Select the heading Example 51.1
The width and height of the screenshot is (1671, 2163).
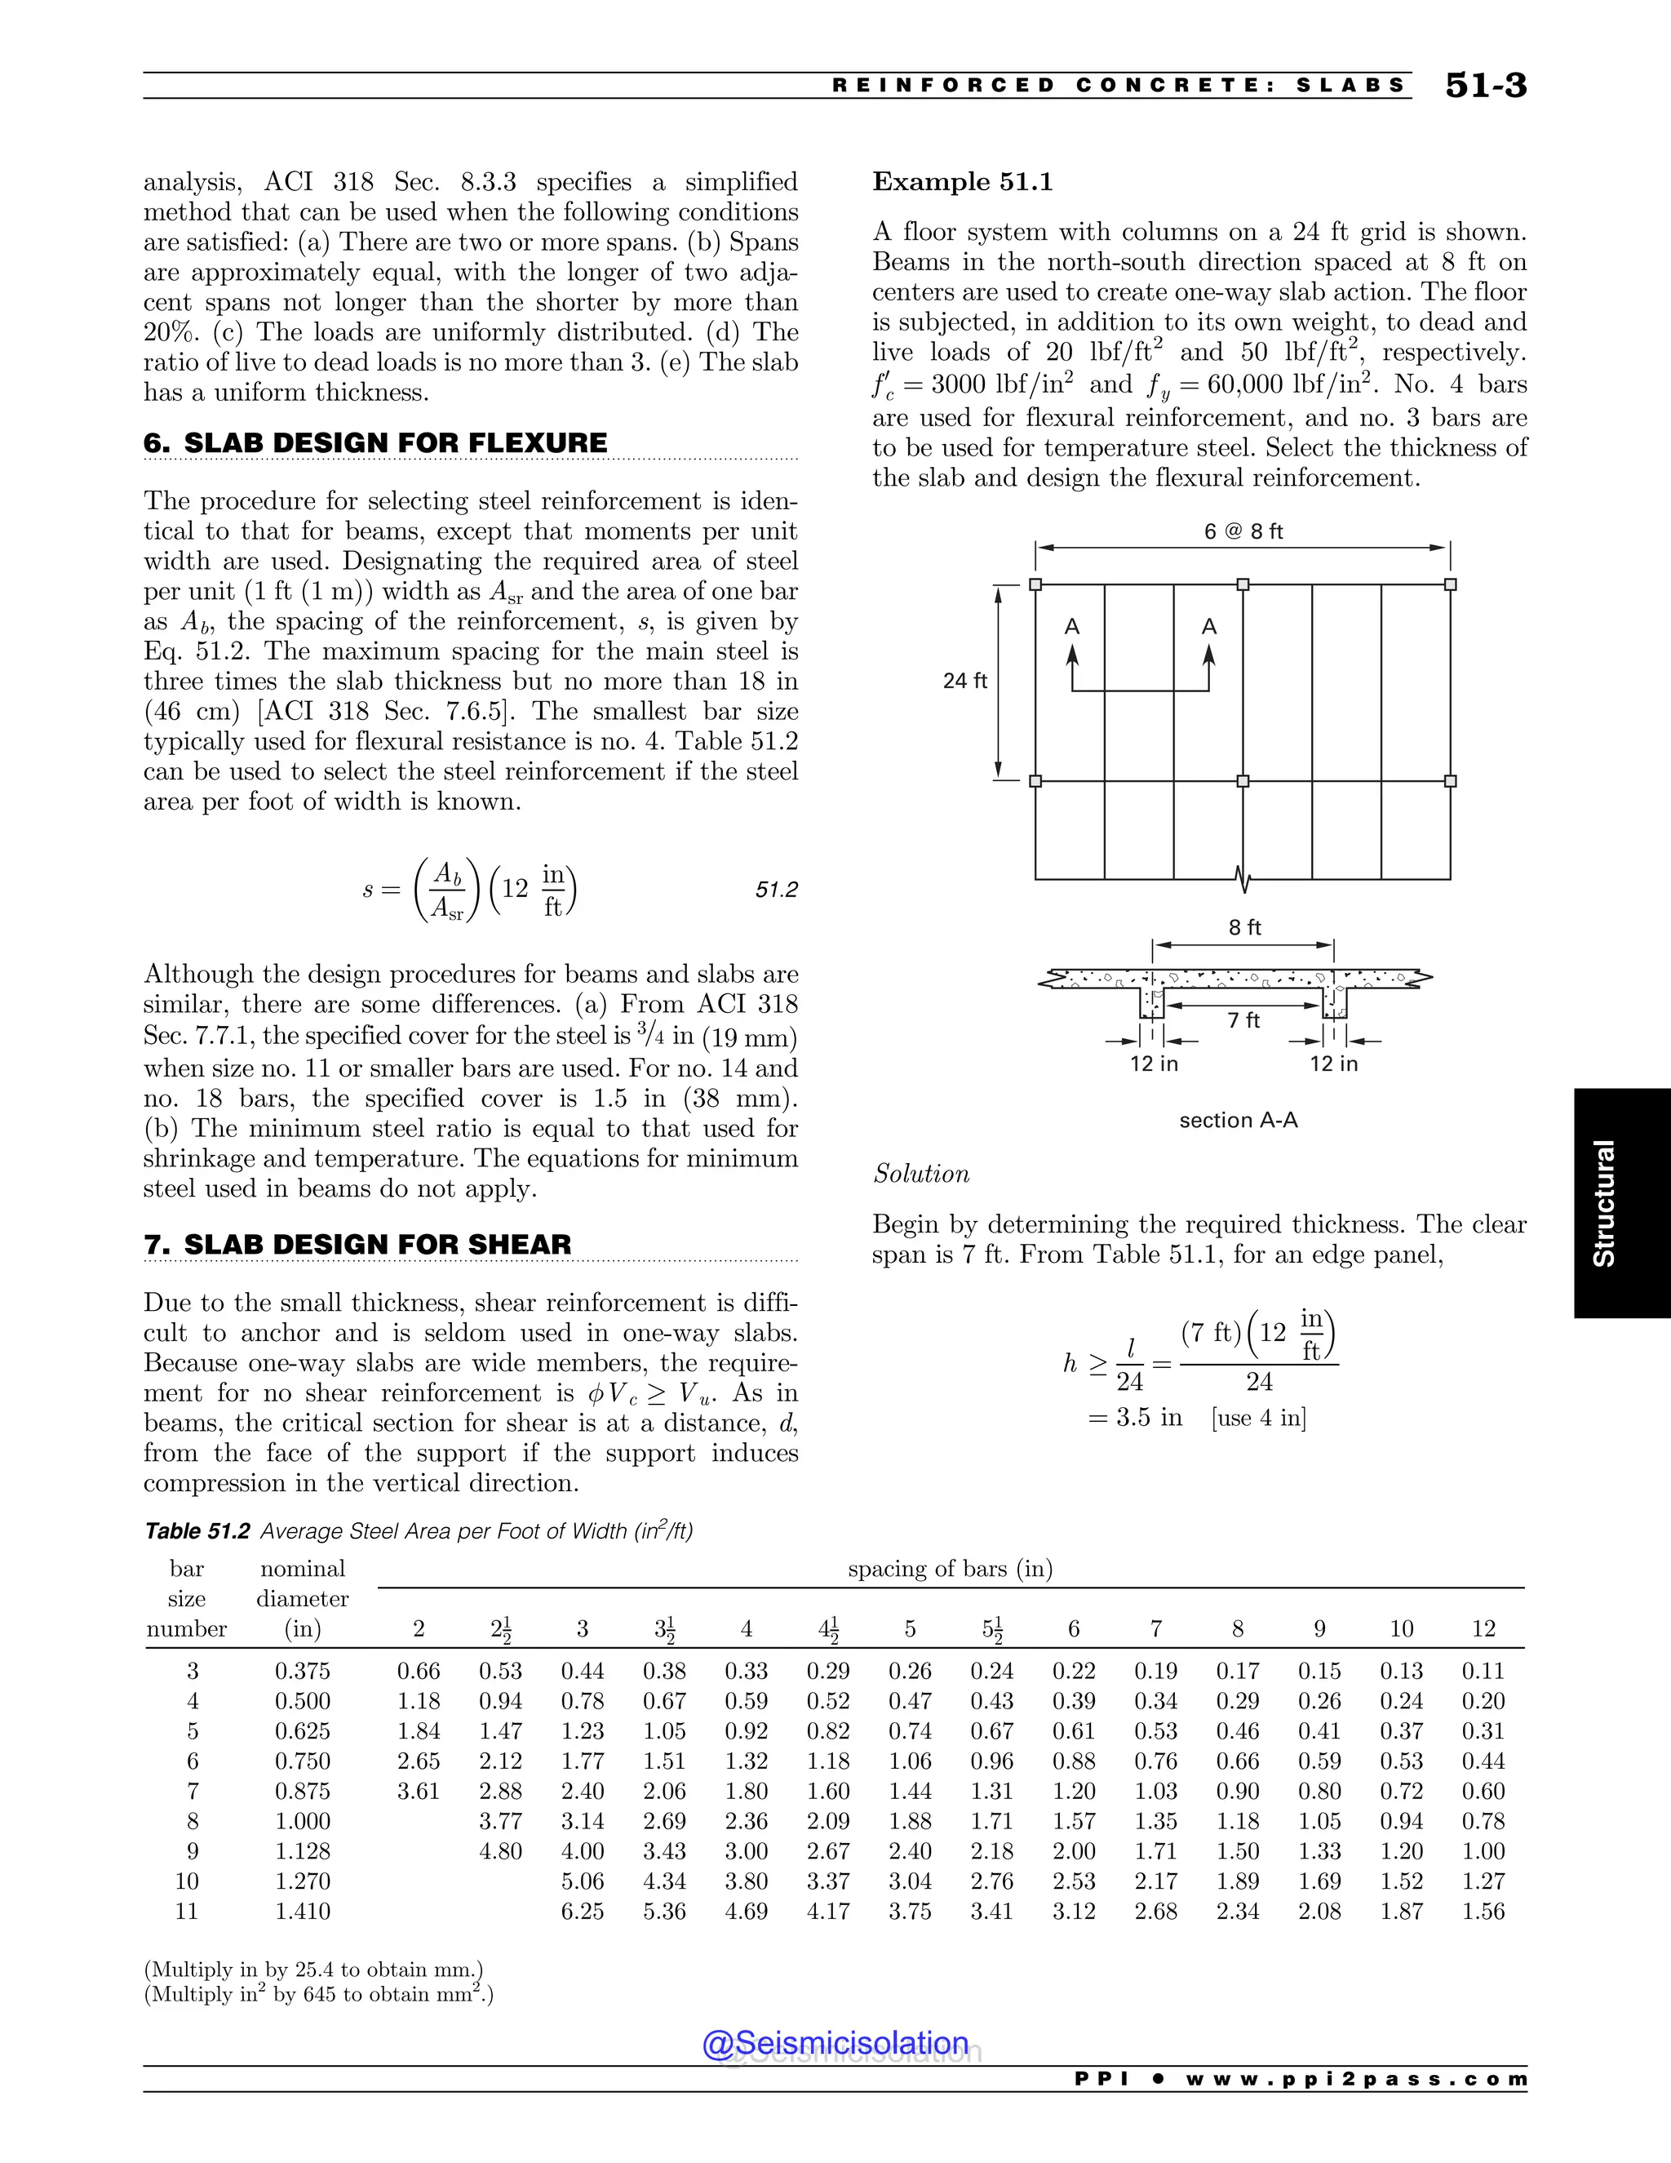point(962,182)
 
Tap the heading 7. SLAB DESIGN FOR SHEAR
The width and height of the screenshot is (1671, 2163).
point(357,1244)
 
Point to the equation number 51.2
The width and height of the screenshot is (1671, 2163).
point(776,890)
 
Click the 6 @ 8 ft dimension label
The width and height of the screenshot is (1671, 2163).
point(1243,532)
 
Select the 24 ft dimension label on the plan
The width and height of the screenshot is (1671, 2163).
point(964,681)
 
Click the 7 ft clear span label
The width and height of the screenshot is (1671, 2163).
point(1243,1020)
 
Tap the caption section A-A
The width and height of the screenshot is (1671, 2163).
point(1238,1120)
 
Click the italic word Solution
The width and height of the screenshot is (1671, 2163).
point(920,1174)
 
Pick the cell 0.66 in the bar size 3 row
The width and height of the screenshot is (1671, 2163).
point(418,1671)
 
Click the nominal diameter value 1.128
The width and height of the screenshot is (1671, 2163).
point(302,1850)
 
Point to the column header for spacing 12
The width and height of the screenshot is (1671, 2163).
point(1483,1629)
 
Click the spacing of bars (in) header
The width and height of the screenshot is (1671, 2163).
point(950,1569)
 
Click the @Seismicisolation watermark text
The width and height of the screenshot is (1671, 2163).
point(835,2043)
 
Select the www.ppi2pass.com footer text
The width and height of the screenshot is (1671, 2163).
point(1356,2080)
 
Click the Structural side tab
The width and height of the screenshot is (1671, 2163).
point(1603,1202)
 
